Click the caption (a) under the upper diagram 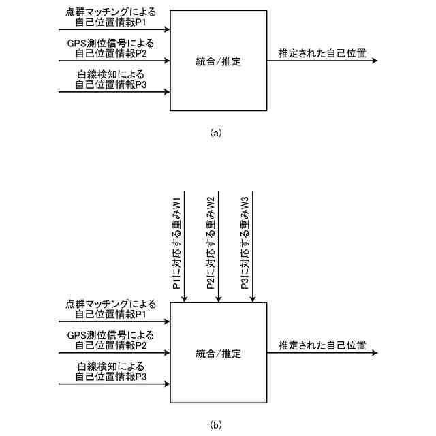click(x=217, y=134)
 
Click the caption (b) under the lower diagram click(x=217, y=426)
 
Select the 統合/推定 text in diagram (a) click(x=218, y=61)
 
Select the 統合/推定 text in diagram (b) click(x=218, y=354)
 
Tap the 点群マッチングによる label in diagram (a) click(x=112, y=13)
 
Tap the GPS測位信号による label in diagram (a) click(x=111, y=43)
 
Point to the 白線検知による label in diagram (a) click(x=112, y=75)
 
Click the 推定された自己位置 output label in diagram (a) click(x=322, y=52)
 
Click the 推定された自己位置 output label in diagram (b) click(x=322, y=345)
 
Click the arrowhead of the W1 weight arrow click(x=185, y=299)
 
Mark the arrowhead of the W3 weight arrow click(x=253, y=299)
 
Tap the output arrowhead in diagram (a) click(x=373, y=61)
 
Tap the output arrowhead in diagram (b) click(x=373, y=354)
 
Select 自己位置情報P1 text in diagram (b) click(x=112, y=315)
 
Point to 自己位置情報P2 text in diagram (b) click(x=111, y=345)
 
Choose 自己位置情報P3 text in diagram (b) click(x=112, y=377)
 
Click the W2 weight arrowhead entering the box click(x=219, y=299)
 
